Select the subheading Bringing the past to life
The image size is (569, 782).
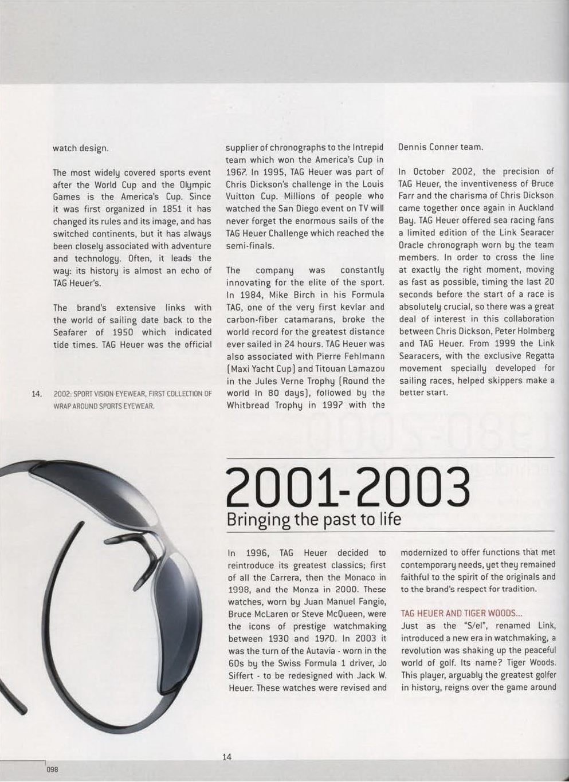313,520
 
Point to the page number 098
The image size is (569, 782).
52,769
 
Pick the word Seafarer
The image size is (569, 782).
71,332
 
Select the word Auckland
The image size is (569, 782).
536,208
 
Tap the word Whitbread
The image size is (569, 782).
250,405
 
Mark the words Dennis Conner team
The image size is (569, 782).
440,147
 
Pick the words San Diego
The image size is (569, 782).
300,209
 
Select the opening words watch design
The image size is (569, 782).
80,148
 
